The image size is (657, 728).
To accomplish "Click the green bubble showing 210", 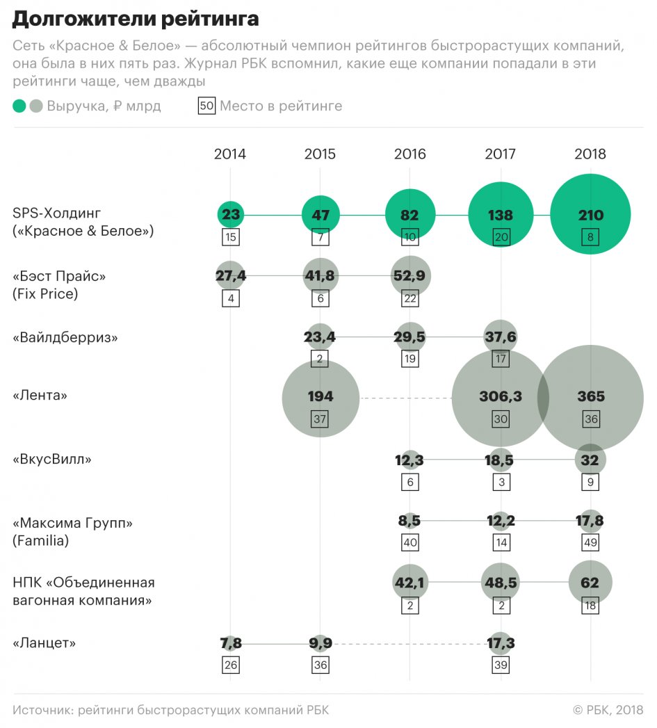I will click(590, 214).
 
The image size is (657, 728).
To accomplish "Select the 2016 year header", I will click(410, 154).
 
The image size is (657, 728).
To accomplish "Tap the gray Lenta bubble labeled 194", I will click(321, 397).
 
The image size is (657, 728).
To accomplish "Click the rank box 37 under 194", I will click(321, 419).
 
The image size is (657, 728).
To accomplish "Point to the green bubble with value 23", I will click(230, 215).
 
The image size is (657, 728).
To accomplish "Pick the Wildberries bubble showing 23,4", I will click(321, 337).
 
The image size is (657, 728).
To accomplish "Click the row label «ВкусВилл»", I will click(52, 460).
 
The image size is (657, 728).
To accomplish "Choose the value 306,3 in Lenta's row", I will click(501, 397).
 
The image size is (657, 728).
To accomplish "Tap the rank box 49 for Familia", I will click(590, 543).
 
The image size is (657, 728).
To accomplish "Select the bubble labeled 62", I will click(590, 583).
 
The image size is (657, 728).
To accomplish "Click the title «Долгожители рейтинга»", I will click(135, 19).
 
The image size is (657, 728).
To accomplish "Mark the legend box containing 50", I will click(206, 106).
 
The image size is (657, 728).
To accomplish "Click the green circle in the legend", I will click(19, 106).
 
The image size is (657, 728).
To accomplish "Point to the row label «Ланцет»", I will click(44, 643).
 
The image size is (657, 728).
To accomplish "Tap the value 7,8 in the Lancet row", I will click(230, 644).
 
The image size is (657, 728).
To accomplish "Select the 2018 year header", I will click(590, 154).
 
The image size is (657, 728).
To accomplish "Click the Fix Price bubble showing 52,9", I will click(410, 277).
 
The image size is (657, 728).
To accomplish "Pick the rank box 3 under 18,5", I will click(501, 482).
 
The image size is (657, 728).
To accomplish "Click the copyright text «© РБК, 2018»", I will click(608, 710).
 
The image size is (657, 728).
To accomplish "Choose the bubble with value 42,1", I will click(410, 583).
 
